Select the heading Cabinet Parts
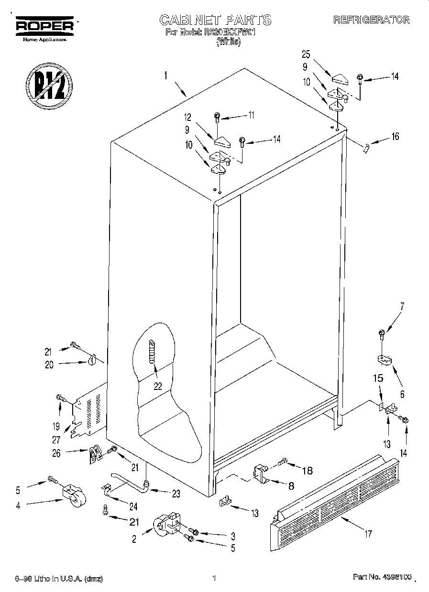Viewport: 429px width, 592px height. pos(215,20)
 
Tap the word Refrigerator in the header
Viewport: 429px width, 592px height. pos(371,20)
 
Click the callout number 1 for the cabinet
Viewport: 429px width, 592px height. pos(165,75)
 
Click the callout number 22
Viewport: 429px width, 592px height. pos(158,387)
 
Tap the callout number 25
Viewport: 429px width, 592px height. pos(306,54)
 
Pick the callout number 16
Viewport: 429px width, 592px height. pos(395,137)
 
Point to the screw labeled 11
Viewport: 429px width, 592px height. pos(218,116)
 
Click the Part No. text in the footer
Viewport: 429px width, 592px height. pos(381,578)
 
